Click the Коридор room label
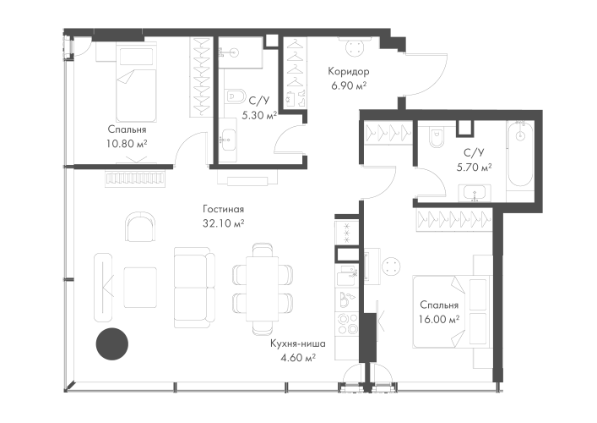pyautogui.click(x=349, y=71)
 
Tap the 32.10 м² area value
pyautogui.click(x=223, y=223)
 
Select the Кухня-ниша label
pyautogui.click(x=298, y=343)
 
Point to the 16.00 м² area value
pyautogui.click(x=438, y=319)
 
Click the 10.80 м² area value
pyautogui.click(x=128, y=144)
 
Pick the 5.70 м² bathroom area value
pyautogui.click(x=474, y=167)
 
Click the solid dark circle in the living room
pyautogui.click(x=112, y=343)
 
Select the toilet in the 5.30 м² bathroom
pyautogui.click(x=234, y=96)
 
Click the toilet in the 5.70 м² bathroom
pyautogui.click(x=437, y=137)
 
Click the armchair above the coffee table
pyautogui.click(x=140, y=227)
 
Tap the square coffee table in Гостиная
pyautogui.click(x=140, y=287)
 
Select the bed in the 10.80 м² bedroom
pyautogui.click(x=136, y=82)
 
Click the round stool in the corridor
pyautogui.click(x=355, y=48)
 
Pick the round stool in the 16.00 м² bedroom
pyautogui.click(x=391, y=266)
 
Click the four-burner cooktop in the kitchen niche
pyautogui.click(x=346, y=323)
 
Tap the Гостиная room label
pyautogui.click(x=223, y=209)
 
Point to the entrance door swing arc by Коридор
pyautogui.click(x=426, y=74)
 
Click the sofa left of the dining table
pyautogui.click(x=194, y=287)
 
